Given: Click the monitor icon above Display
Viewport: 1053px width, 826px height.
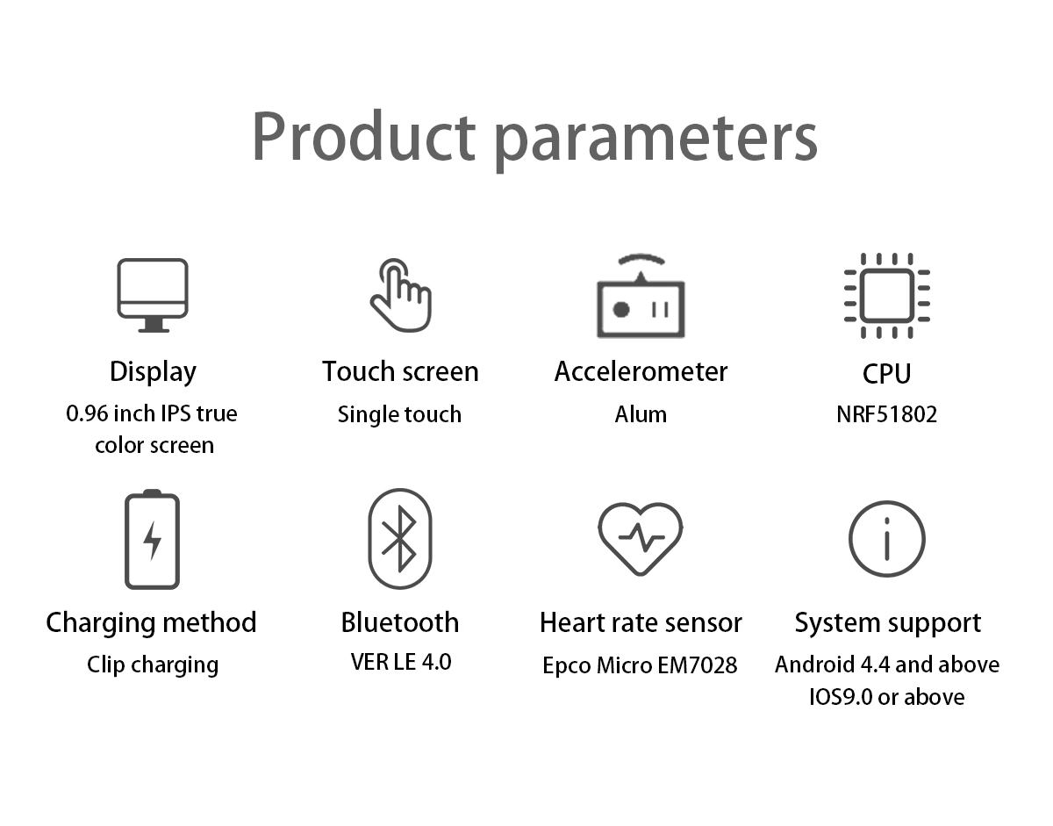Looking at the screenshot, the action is click(x=153, y=295).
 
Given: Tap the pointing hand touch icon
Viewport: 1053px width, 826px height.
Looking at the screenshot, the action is click(x=401, y=295).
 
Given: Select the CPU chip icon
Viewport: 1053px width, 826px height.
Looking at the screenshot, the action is click(x=887, y=295).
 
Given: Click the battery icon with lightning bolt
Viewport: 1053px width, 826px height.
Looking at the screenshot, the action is click(x=152, y=539).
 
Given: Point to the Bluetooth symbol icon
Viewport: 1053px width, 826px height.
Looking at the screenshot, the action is click(x=400, y=539).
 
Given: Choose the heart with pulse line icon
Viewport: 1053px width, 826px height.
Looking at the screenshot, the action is click(x=640, y=539).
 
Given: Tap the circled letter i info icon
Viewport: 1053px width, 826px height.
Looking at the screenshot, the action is click(x=887, y=539).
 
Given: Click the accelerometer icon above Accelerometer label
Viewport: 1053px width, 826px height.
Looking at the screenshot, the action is click(x=641, y=295).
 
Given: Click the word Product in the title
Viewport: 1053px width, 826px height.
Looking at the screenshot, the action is click(x=364, y=136).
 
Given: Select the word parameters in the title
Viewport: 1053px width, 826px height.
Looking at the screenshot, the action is click(x=656, y=140).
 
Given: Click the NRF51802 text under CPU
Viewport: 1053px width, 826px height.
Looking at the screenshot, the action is click(x=887, y=414).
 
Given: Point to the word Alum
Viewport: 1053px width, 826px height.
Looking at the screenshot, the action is click(x=641, y=414).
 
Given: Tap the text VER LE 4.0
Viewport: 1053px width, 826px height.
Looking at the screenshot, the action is click(x=401, y=662).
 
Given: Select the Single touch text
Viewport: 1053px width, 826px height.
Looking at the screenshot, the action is click(x=399, y=415).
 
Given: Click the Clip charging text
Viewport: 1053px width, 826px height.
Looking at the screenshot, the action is click(x=153, y=665).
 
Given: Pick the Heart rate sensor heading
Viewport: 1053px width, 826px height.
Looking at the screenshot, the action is click(x=641, y=622).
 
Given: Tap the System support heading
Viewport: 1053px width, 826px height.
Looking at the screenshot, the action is click(x=888, y=624).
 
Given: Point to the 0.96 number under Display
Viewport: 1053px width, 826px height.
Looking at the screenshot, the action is click(x=87, y=413).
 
